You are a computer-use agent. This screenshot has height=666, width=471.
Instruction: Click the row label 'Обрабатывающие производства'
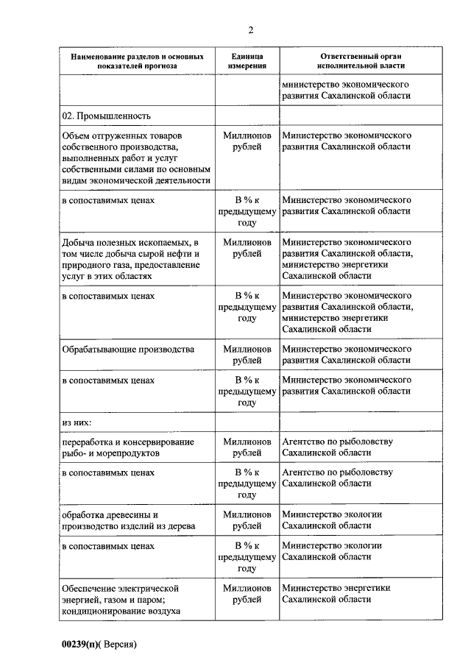[129, 348]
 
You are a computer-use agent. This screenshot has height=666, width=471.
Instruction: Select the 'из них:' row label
[77, 423]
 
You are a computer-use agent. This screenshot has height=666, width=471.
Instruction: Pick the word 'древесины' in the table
[137, 514]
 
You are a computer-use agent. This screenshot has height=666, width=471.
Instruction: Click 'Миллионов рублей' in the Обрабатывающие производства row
[247, 354]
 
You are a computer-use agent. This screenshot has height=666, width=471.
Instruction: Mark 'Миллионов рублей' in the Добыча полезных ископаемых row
[247, 247]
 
